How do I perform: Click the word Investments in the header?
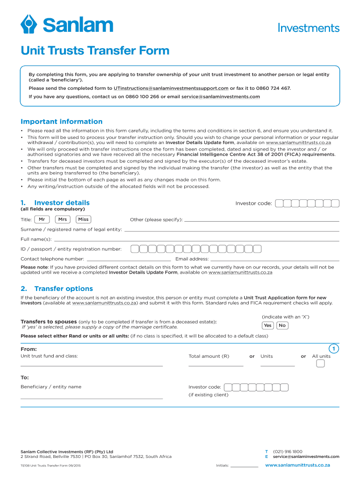(309, 28)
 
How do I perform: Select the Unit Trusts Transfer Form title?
(95, 51)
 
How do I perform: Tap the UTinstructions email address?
(168, 88)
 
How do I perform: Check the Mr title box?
(42, 219)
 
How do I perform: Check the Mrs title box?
(63, 219)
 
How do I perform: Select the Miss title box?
(83, 219)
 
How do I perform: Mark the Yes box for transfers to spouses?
(267, 326)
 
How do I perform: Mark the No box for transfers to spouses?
(282, 326)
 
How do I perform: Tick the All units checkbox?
(320, 364)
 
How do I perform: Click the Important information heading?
(61, 122)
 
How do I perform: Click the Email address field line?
(274, 260)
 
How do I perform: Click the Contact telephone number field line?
(129, 260)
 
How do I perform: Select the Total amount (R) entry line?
(216, 365)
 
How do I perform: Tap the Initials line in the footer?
(245, 466)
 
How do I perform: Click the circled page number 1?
(333, 349)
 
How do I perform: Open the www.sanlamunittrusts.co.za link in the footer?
(298, 465)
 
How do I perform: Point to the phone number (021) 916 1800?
(288, 451)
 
